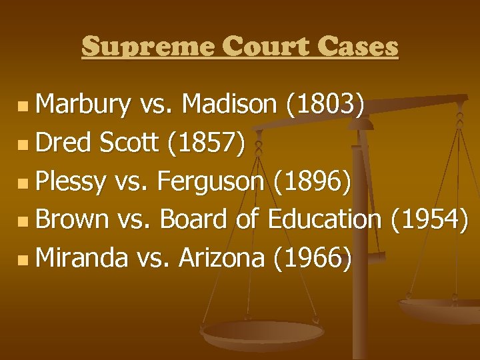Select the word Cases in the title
pyautogui.click(x=358, y=47)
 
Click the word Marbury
pyautogui.click(x=83, y=104)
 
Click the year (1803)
pyautogui.click(x=325, y=104)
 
